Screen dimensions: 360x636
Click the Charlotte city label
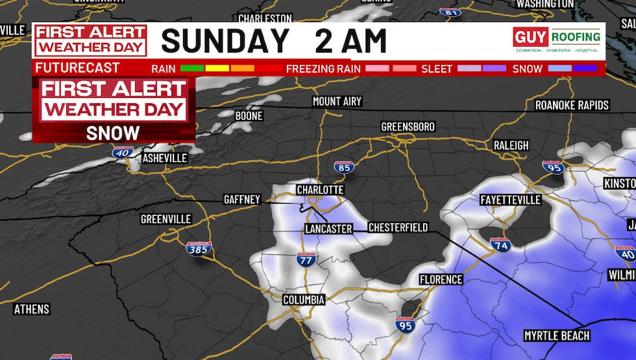tap(320, 190)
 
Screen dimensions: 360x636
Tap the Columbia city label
tap(303, 300)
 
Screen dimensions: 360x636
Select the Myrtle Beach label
tap(557, 335)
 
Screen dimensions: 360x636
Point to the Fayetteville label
tap(510, 200)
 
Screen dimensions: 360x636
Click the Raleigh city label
tap(511, 145)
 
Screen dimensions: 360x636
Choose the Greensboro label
tap(408, 126)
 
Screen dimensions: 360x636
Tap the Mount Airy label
tap(337, 102)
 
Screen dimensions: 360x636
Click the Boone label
tap(249, 115)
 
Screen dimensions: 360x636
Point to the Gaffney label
tap(241, 200)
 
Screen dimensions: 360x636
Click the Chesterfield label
tap(398, 228)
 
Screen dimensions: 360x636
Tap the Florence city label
tap(441, 280)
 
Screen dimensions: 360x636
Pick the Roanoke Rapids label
tap(572, 105)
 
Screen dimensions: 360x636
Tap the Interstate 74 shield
tap(500, 244)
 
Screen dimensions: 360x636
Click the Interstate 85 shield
tap(345, 167)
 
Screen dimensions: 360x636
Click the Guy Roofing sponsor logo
tap(557, 40)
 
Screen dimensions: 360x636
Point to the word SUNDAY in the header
tap(224, 41)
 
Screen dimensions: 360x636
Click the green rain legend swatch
tap(191, 67)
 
